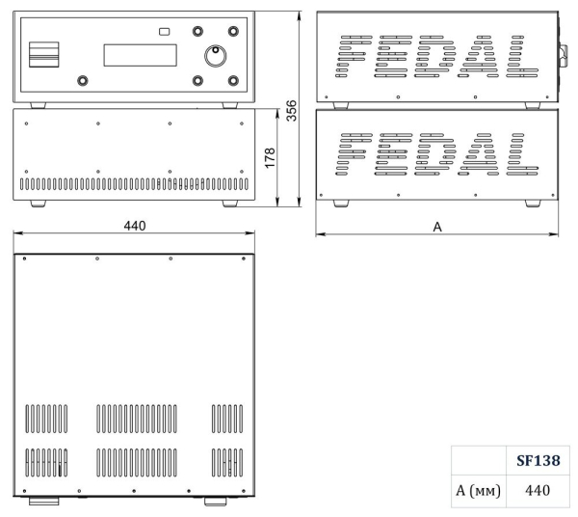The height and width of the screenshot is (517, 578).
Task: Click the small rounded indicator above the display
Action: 165,32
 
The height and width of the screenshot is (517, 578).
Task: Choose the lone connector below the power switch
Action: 82,81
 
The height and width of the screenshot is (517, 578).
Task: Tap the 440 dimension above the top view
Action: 135,226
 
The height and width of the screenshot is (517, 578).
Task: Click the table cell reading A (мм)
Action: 478,490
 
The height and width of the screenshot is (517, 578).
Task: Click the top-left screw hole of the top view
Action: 24,260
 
